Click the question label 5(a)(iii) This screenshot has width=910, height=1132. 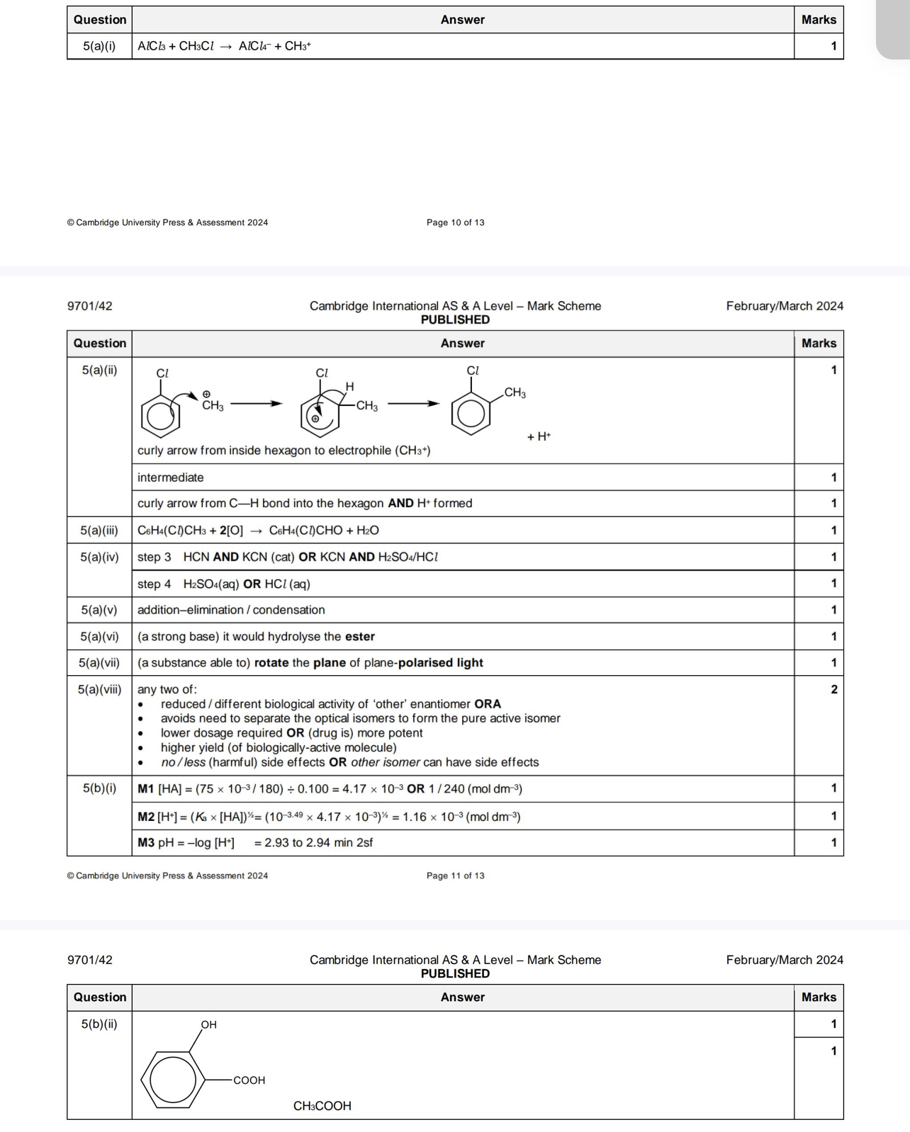point(99,530)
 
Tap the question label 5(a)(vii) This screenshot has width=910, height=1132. point(99,663)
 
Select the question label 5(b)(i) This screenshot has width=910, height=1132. point(99,788)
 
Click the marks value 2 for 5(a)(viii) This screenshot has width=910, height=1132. point(833,689)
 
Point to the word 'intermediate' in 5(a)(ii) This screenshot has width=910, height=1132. point(170,477)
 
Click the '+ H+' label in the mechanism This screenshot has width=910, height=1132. point(539,436)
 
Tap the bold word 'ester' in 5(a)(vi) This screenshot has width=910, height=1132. point(359,636)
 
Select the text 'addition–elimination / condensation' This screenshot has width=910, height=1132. point(231,610)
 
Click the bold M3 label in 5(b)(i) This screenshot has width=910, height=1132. point(145,842)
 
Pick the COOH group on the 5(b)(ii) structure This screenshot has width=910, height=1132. point(249,1080)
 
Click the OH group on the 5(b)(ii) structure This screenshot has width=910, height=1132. point(208,1024)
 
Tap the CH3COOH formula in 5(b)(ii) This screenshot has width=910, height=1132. point(322,1106)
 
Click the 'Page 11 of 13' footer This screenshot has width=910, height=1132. point(455,876)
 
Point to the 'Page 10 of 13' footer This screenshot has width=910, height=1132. point(455,222)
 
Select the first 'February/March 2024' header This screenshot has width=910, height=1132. point(785,306)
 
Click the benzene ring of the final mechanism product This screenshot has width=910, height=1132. point(471,414)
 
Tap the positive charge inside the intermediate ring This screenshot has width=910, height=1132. point(316,419)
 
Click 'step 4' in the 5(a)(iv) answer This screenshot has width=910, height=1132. point(154,584)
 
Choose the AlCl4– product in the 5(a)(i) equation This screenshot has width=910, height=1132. point(254,46)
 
